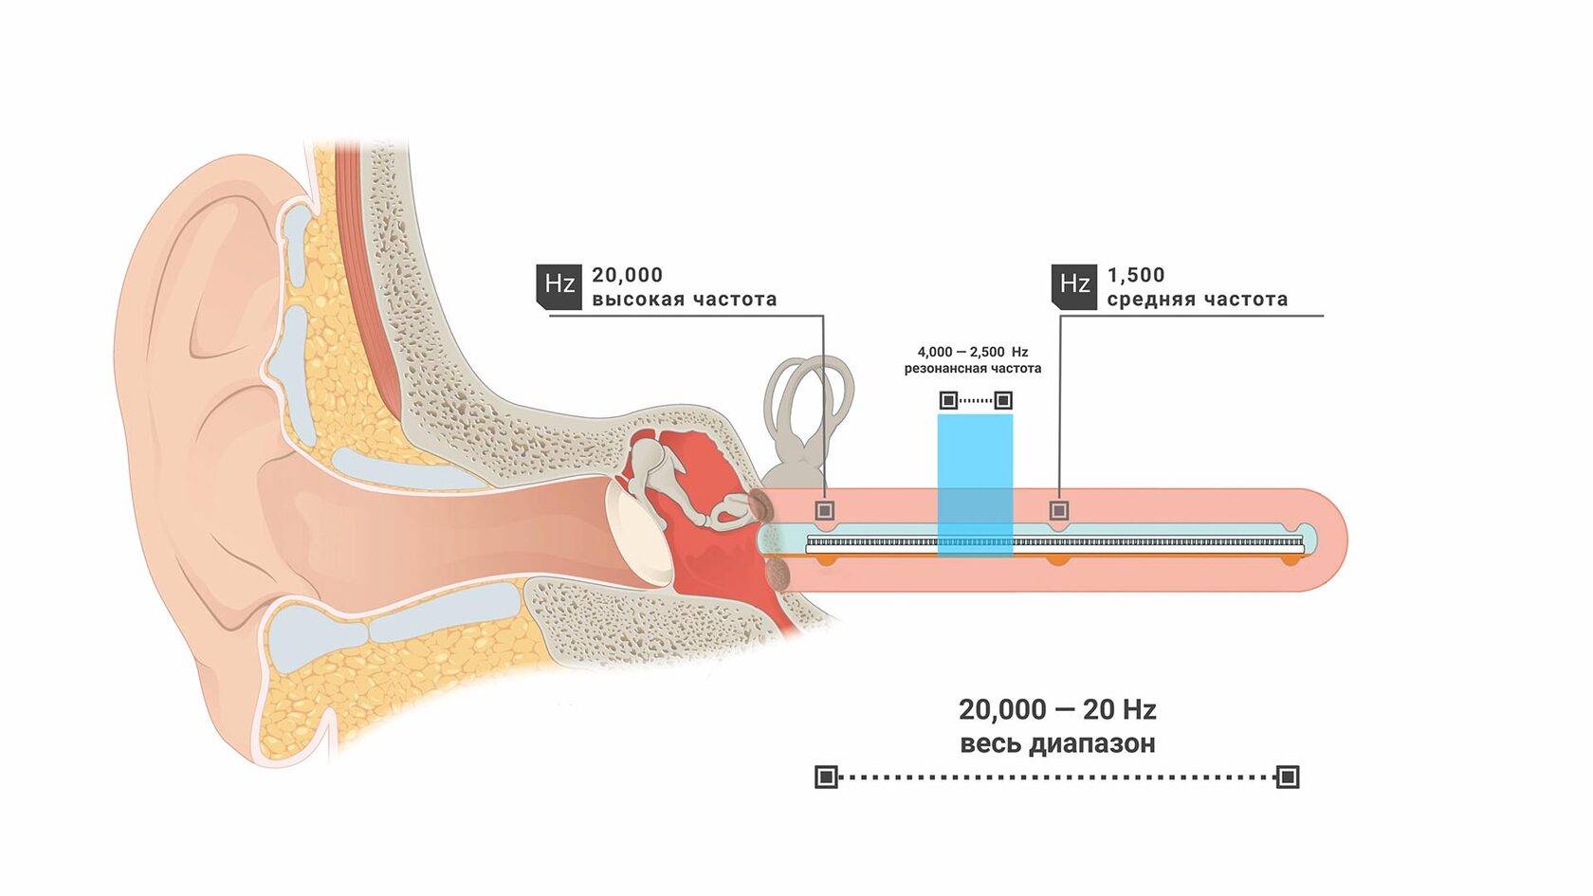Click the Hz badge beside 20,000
click(559, 286)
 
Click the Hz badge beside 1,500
click(1073, 286)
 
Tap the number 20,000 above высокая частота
click(628, 275)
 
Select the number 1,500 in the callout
click(1136, 275)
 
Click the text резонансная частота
click(973, 368)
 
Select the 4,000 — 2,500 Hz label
click(973, 352)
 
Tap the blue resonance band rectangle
click(975, 485)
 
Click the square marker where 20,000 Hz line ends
click(824, 510)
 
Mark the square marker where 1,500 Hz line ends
click(1059, 510)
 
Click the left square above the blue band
click(948, 400)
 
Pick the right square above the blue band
click(1003, 400)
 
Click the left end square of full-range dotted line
click(826, 777)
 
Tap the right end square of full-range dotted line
click(1288, 777)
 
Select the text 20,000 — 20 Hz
click(1056, 709)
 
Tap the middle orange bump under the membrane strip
click(1058, 560)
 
